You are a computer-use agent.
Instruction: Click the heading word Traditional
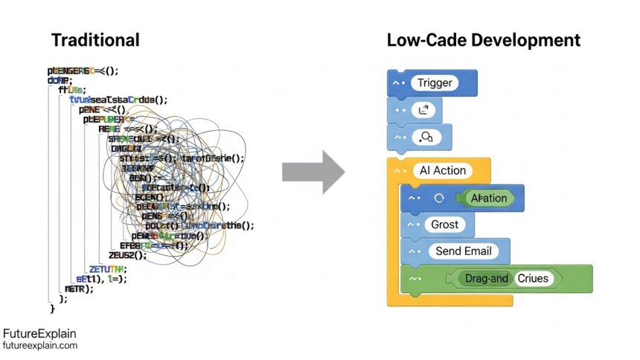[95, 39]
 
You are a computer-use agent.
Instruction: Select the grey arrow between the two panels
[313, 172]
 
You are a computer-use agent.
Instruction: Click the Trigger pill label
[434, 83]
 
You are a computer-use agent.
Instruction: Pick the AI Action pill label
[442, 170]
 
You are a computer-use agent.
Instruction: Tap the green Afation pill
[489, 198]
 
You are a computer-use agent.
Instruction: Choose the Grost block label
[445, 224]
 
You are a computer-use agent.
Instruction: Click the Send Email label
[463, 251]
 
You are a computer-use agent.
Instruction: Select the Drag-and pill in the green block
[485, 279]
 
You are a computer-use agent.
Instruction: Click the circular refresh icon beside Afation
[438, 198]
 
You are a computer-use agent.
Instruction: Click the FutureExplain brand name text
[39, 334]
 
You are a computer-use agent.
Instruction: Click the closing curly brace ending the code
[52, 308]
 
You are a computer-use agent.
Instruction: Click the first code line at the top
[83, 71]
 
